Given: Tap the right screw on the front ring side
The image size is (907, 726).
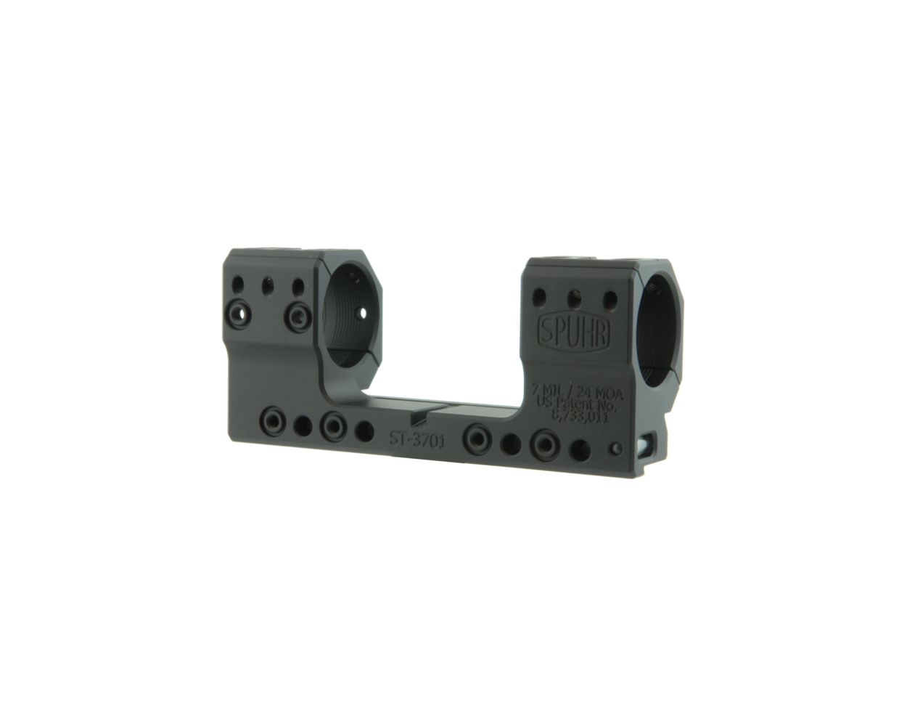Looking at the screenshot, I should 297,314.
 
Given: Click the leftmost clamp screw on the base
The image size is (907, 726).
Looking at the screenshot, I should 274,421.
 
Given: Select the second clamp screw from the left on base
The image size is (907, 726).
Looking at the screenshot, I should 333,425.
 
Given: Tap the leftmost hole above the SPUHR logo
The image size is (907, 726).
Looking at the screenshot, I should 539,295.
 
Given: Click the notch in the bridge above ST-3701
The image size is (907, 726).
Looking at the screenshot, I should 419,419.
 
